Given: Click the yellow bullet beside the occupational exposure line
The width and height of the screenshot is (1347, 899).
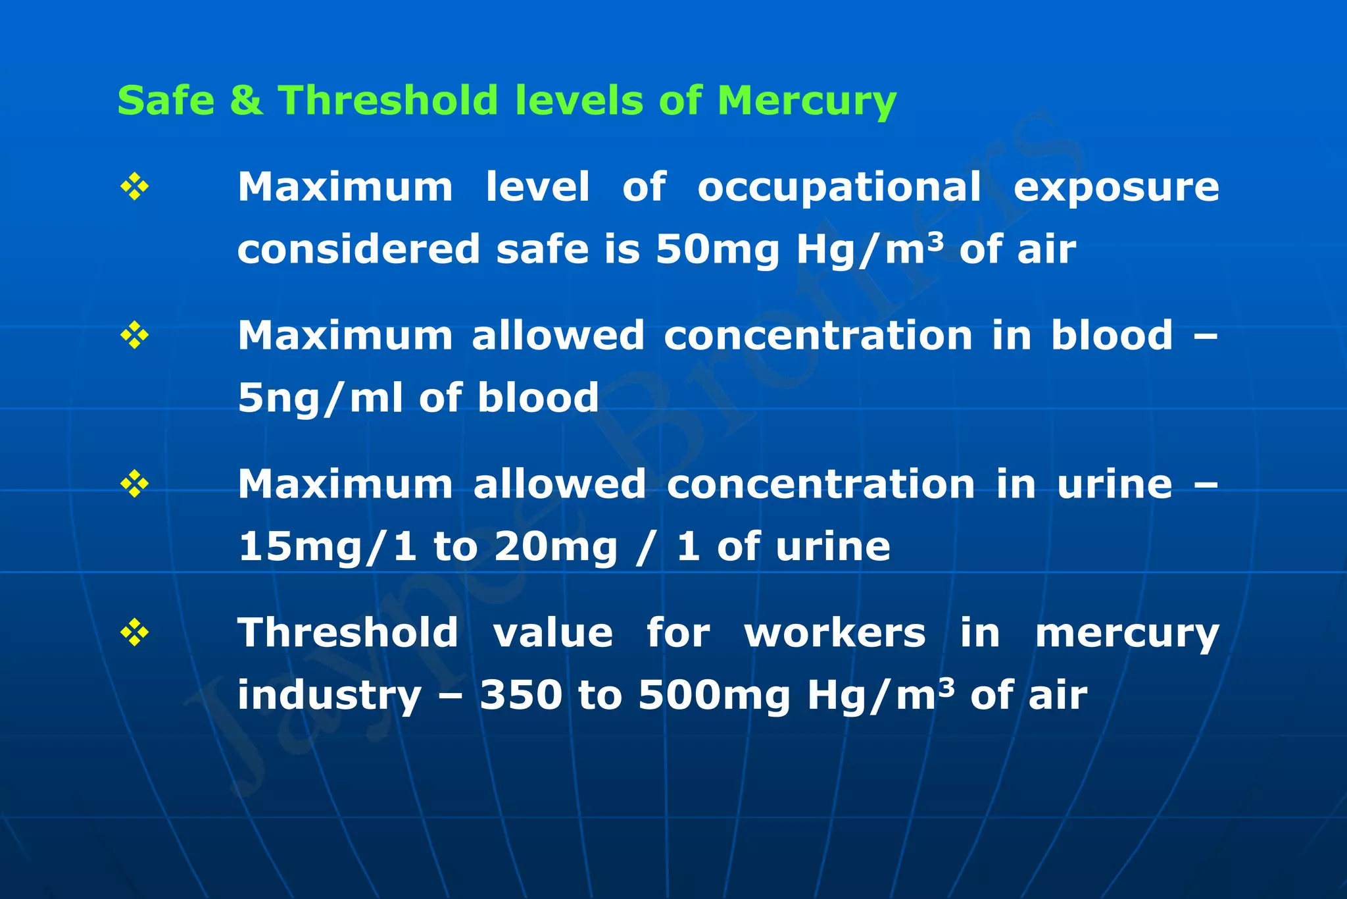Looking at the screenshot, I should point(134,187).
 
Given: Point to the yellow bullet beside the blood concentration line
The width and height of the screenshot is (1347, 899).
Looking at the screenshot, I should point(134,336).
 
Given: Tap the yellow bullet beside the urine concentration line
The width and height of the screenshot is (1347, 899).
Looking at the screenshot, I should point(134,484).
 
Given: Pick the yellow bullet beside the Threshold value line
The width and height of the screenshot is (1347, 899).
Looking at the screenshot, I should point(134,633).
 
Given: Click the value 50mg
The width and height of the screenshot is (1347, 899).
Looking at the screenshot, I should point(717,250).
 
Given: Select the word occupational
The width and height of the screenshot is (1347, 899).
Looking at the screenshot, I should point(839,188).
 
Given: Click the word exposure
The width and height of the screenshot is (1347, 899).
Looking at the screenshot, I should point(1116,188).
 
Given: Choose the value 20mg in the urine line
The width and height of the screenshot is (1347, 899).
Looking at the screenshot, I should point(556,548).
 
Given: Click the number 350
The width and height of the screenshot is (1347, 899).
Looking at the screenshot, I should point(521,696).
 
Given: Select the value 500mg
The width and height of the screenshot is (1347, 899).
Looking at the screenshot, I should point(714,696).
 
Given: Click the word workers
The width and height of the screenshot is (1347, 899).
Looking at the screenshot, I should point(835,633).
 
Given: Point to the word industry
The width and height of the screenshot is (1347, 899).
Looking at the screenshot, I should point(329,696).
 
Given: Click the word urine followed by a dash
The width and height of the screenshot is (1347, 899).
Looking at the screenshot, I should point(1114,484).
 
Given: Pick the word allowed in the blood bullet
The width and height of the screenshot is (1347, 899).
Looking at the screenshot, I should point(558,336).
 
